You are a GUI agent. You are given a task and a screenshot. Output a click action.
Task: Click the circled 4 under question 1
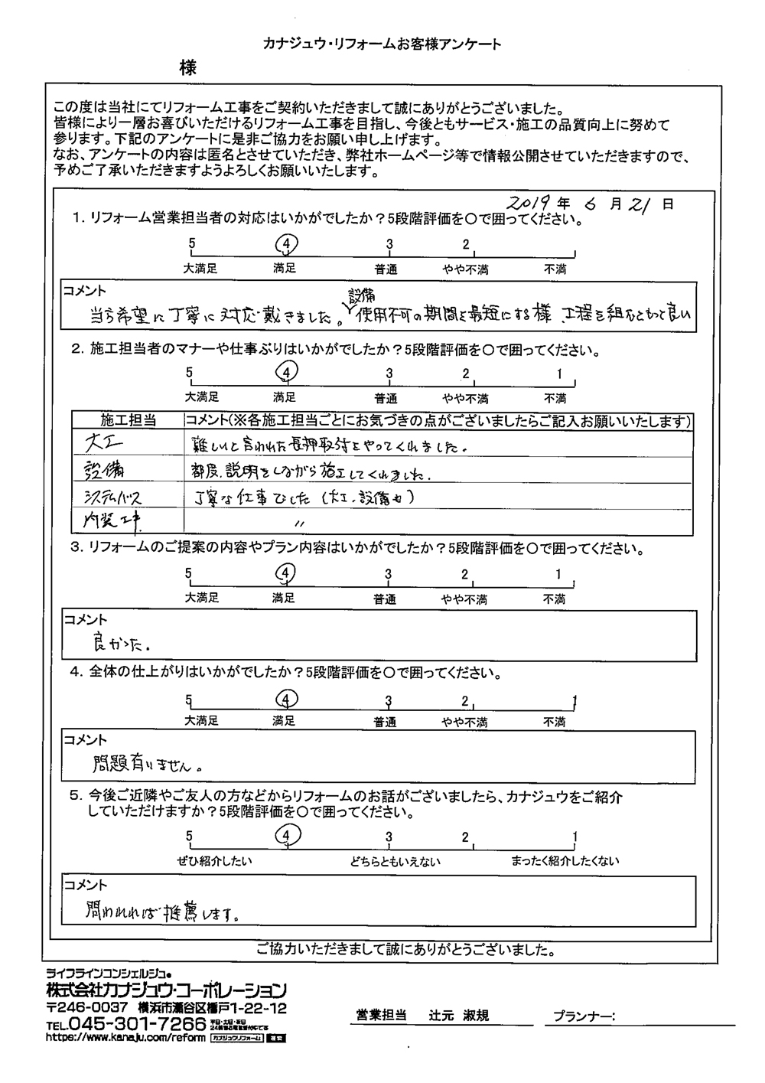tap(285, 244)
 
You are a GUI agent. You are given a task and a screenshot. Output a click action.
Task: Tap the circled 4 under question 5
tap(285, 835)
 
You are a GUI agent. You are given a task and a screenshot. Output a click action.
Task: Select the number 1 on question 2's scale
tap(559, 374)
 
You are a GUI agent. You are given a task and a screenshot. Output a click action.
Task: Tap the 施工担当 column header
tap(129, 420)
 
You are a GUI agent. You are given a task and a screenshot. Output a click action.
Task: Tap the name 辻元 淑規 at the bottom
tap(458, 1016)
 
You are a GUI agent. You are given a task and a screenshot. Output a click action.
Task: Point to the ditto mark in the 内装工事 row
tap(299, 523)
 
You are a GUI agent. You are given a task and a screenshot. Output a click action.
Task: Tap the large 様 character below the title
tap(188, 68)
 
